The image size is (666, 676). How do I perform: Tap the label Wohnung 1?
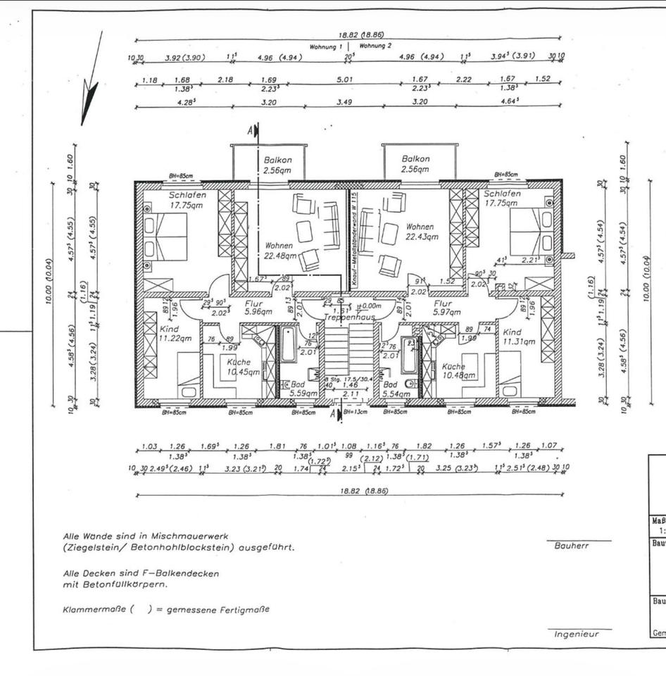326,46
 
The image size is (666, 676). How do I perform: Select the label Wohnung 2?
376,46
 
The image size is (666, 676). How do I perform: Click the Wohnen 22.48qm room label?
279,251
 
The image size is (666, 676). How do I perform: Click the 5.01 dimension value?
345,80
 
